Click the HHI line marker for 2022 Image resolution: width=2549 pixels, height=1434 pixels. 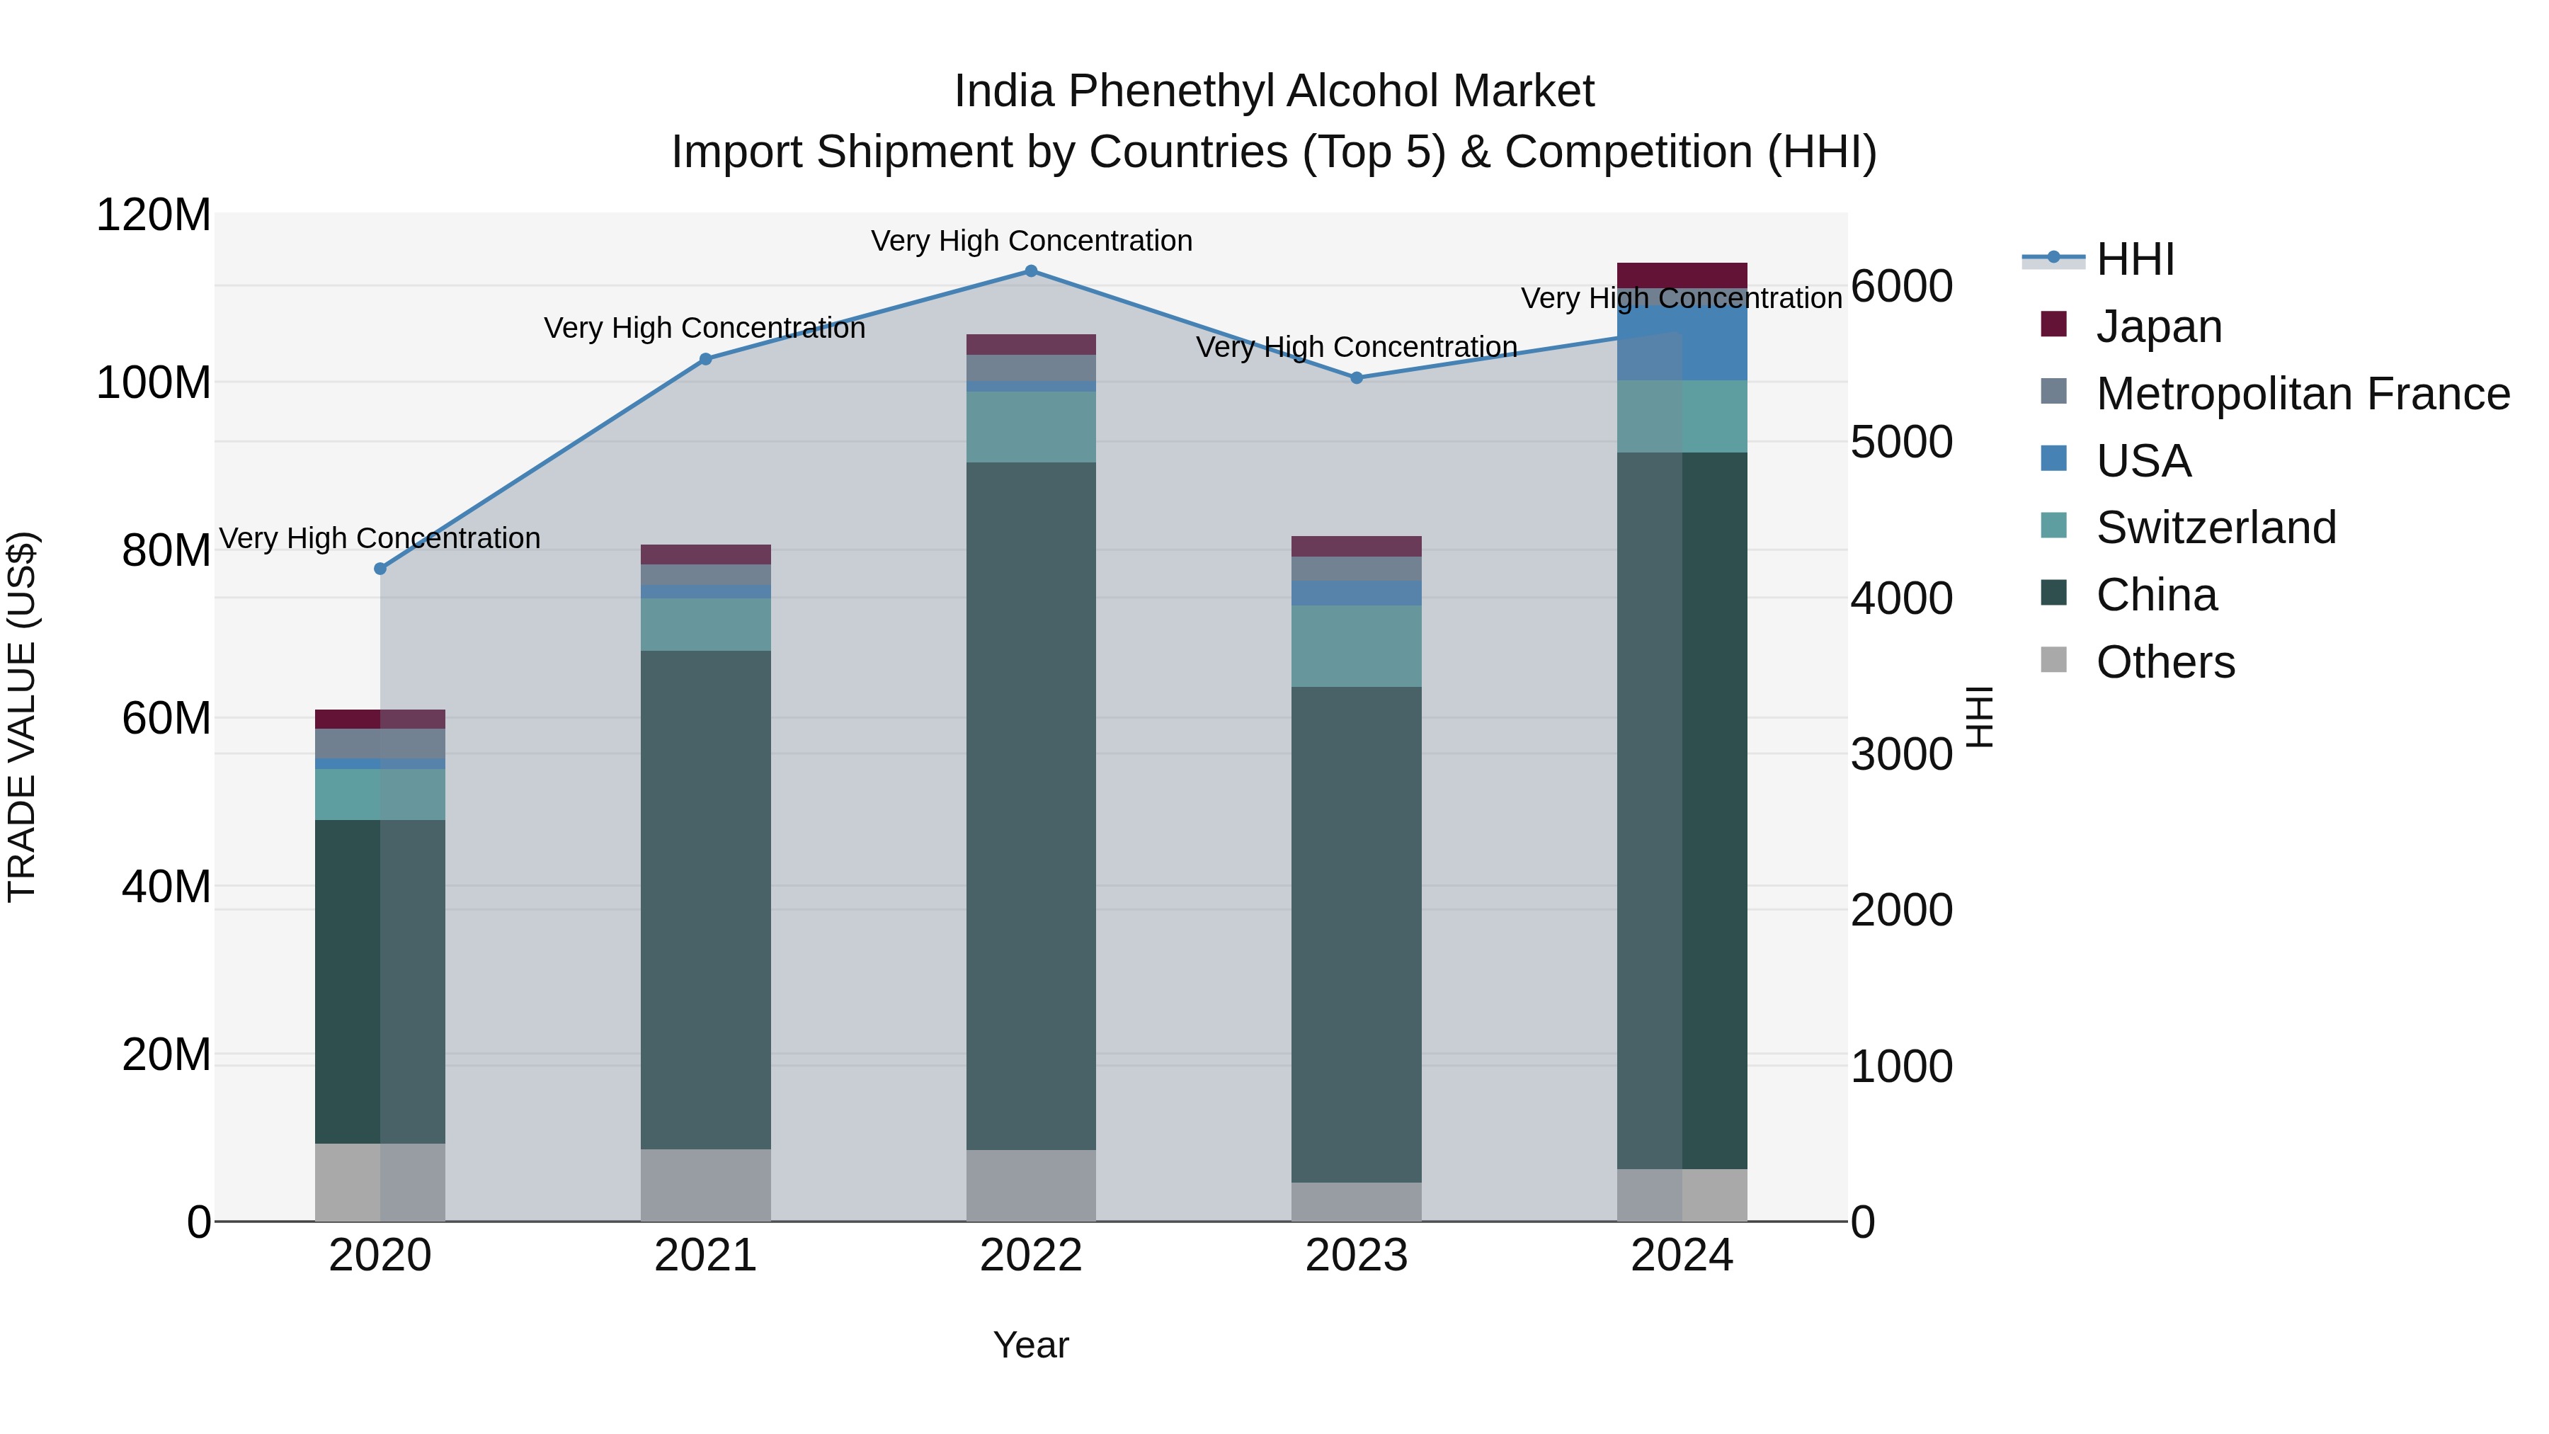point(1030,271)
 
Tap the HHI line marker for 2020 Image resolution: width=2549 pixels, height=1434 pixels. point(380,569)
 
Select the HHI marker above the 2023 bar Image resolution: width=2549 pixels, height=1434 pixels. point(1357,378)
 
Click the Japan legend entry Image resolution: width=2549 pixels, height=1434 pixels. point(2158,326)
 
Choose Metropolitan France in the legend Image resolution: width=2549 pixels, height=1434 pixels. point(2302,394)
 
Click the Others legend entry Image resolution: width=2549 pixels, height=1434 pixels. point(2164,662)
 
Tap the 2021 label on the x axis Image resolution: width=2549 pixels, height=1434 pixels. point(705,1256)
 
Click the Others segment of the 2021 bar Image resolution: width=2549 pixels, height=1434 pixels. point(705,1185)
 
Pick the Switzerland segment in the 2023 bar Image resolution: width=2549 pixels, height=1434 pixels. point(1357,647)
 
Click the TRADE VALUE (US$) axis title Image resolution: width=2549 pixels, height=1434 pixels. point(22,717)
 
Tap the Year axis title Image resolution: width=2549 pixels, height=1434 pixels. point(1030,1346)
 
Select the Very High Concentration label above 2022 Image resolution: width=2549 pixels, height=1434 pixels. point(1031,241)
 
